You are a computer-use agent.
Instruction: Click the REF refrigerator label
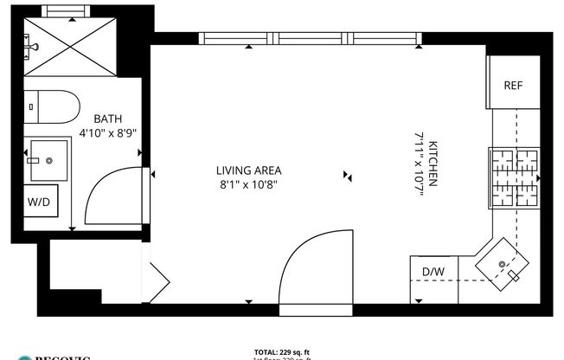click(x=513, y=85)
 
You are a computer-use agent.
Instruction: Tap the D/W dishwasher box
click(x=432, y=273)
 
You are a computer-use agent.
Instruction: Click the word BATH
click(x=108, y=119)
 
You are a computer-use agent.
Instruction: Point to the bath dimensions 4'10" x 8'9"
click(x=108, y=133)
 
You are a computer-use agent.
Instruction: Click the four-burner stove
click(x=515, y=179)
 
